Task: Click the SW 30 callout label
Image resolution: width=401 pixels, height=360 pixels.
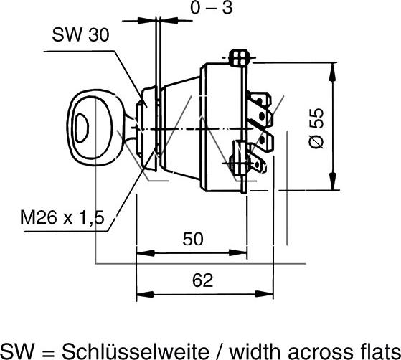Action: pyautogui.click(x=80, y=34)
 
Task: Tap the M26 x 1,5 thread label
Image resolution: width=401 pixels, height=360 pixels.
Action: pyautogui.click(x=62, y=217)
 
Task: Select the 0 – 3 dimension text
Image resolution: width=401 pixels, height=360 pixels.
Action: pyautogui.click(x=212, y=7)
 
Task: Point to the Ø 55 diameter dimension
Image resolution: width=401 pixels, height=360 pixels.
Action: pyautogui.click(x=316, y=128)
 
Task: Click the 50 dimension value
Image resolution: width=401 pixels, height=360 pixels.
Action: pyautogui.click(x=193, y=239)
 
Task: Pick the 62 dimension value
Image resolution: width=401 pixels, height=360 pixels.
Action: pyautogui.click(x=202, y=280)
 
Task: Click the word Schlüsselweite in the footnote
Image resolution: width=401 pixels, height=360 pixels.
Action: pyautogui.click(x=136, y=351)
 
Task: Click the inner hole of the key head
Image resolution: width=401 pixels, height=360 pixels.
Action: pyautogui.click(x=82, y=128)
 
